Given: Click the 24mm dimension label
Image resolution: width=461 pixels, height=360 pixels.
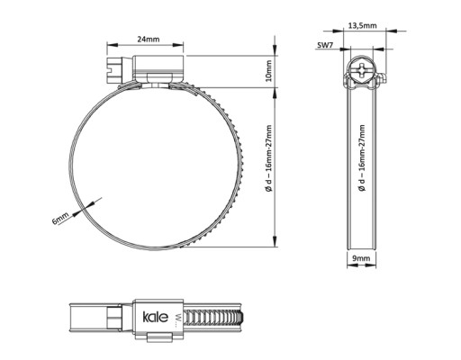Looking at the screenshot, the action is point(149,39).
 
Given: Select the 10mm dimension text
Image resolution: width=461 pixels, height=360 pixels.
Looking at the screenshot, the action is point(268,71).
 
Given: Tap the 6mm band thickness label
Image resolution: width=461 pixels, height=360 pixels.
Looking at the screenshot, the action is point(60,218).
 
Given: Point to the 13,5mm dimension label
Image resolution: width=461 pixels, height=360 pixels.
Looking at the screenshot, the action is point(362,25).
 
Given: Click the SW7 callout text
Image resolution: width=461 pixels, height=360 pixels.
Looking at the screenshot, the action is point(325,45).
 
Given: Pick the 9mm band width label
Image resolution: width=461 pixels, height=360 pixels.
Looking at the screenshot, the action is point(361,258).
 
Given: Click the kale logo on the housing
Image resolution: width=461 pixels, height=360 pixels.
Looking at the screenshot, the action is point(155,317).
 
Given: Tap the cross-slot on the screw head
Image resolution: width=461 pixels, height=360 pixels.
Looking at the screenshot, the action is point(362,71).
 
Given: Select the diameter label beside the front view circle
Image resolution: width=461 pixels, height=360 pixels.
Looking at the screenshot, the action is point(269,158).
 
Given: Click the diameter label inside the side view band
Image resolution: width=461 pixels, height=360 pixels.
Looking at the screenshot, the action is point(362,158).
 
